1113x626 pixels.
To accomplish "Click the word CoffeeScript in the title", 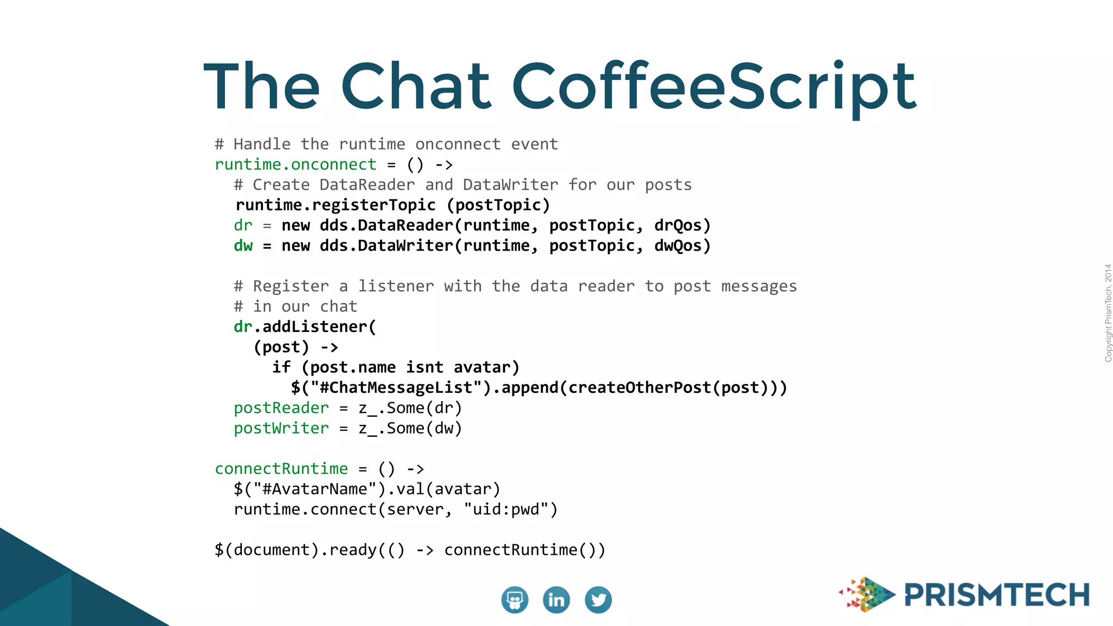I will pos(714,87).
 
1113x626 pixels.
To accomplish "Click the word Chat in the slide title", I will pos(416,87).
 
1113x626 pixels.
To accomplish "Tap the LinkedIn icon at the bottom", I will pos(556,600).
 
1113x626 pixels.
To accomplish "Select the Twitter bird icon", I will pos(598,600).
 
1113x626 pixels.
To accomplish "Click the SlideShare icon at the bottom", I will pos(514,600).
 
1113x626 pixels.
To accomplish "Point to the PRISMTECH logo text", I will pos(997,595).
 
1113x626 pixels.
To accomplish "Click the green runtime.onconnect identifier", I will pos(296,165).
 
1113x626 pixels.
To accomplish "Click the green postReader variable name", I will pos(281,408).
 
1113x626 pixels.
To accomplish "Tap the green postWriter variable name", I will pos(281,429).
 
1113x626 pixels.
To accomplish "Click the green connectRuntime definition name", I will pos(281,469).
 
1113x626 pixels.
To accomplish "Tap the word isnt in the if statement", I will pos(424,368).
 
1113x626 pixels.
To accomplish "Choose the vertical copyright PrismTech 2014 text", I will pos(1108,313).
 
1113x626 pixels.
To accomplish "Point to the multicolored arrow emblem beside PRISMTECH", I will pos(867,594).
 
